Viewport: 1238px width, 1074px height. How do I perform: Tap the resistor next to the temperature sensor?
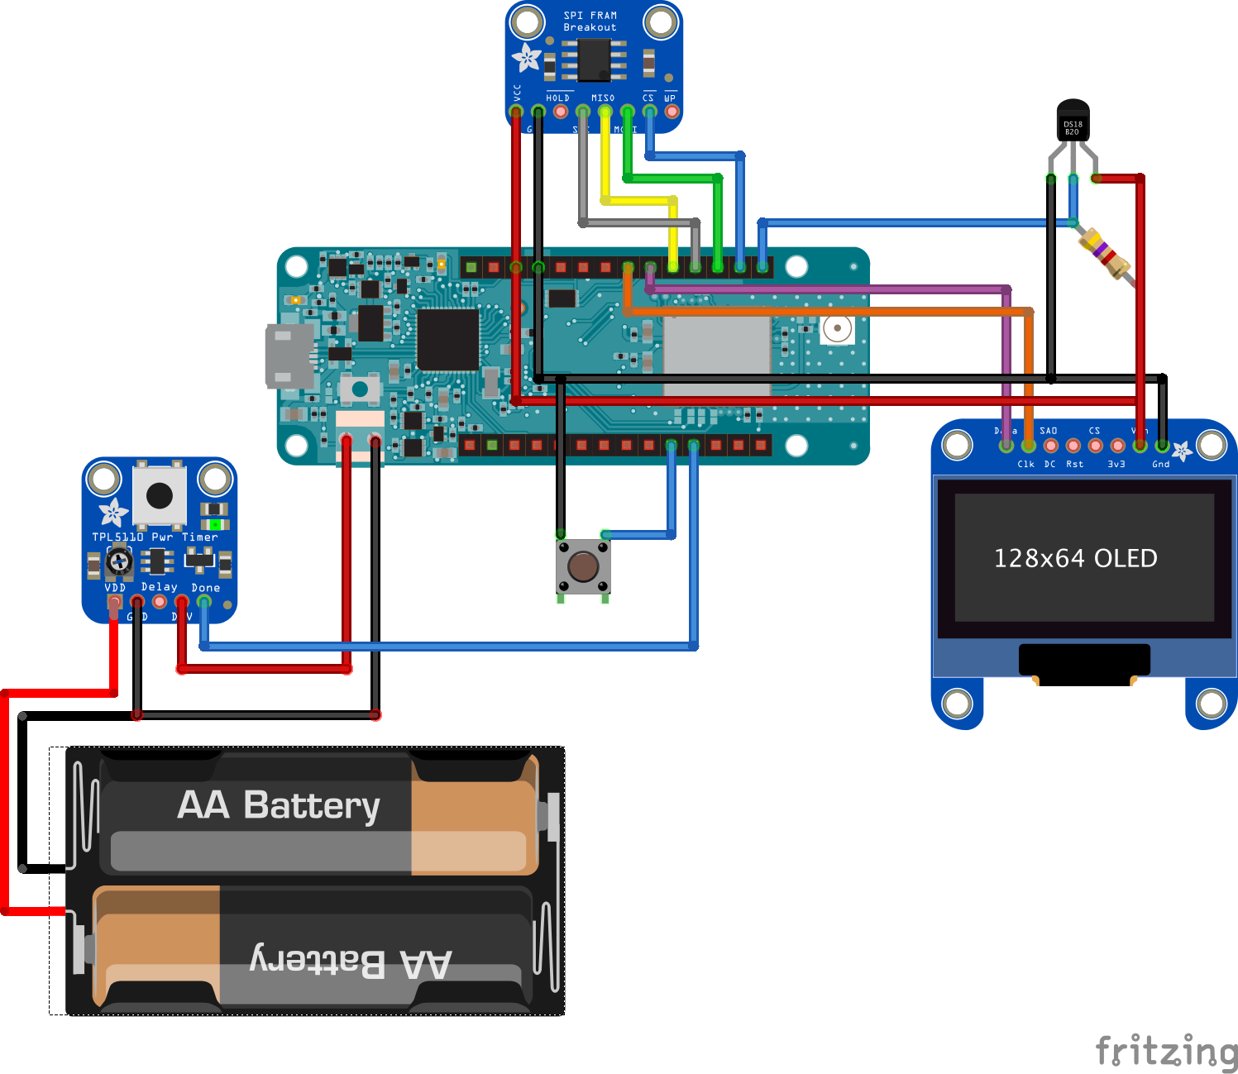pyautogui.click(x=1106, y=252)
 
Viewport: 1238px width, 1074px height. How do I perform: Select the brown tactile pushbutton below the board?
pyautogui.click(x=583, y=567)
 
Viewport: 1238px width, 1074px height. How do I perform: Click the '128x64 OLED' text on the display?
pyautogui.click(x=1075, y=559)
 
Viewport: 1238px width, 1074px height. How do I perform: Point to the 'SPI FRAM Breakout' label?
pyautogui.click(x=590, y=21)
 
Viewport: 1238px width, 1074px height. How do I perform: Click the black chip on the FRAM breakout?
pyautogui.click(x=594, y=60)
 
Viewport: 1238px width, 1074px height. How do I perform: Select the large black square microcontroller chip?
pyautogui.click(x=447, y=339)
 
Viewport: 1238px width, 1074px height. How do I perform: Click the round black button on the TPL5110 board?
pyautogui.click(x=159, y=495)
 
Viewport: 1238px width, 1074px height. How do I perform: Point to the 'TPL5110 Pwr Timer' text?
pyautogui.click(x=155, y=537)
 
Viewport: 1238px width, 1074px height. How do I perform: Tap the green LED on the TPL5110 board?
pyautogui.click(x=215, y=524)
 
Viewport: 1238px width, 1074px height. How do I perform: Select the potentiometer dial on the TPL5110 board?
pyautogui.click(x=120, y=562)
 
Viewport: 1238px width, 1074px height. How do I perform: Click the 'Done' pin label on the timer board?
pyautogui.click(x=206, y=588)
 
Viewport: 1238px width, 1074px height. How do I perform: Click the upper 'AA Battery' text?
pyautogui.click(x=279, y=804)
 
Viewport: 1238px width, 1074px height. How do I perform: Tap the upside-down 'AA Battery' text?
pyautogui.click(x=351, y=962)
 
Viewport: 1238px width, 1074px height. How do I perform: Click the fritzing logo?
pyautogui.click(x=1166, y=1051)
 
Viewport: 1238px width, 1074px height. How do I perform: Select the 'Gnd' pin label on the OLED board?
pyautogui.click(x=1160, y=464)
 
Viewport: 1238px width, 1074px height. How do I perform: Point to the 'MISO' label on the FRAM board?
pyautogui.click(x=603, y=98)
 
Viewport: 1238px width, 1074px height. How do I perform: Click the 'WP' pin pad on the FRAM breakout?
pyautogui.click(x=672, y=111)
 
